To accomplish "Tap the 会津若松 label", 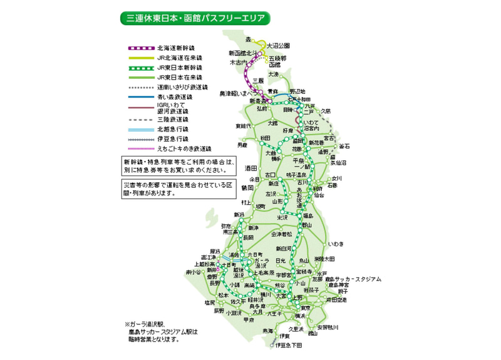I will click(281, 234).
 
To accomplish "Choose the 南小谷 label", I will click(194, 272).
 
